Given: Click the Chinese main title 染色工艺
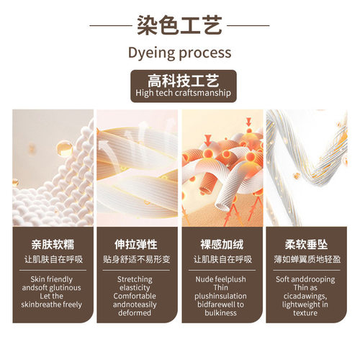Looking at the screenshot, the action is (179, 25).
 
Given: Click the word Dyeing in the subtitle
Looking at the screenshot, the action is (152, 53).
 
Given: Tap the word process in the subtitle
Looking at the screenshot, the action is (205, 53).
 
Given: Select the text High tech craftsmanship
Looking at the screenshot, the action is (183, 93).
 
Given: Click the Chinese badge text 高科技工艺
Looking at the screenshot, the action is (184, 81).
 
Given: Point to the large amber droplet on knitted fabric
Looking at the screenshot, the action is (64, 149).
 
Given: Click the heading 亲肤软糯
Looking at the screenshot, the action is (53, 245).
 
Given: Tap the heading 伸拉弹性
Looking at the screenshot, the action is (136, 245).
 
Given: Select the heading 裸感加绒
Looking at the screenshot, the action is (222, 245).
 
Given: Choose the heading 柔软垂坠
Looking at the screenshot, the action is (306, 245).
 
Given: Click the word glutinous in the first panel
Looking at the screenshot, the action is (66, 288).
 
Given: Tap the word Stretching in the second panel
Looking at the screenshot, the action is (135, 279).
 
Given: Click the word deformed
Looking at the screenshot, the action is (135, 312).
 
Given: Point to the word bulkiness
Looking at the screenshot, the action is (220, 312).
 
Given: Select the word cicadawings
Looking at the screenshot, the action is (305, 296).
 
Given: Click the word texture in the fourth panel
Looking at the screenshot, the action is (305, 312).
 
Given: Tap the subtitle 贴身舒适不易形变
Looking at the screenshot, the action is (137, 259).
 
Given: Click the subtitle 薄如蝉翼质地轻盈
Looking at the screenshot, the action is (307, 259).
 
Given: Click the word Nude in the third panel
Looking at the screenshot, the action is (204, 279).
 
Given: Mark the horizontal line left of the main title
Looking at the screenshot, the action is (111, 25).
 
